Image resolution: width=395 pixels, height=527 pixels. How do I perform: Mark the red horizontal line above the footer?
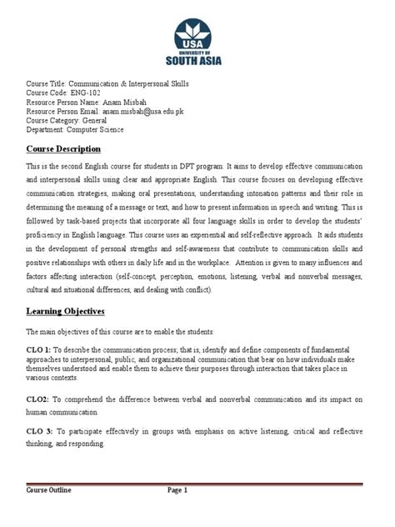click(x=197, y=483)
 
